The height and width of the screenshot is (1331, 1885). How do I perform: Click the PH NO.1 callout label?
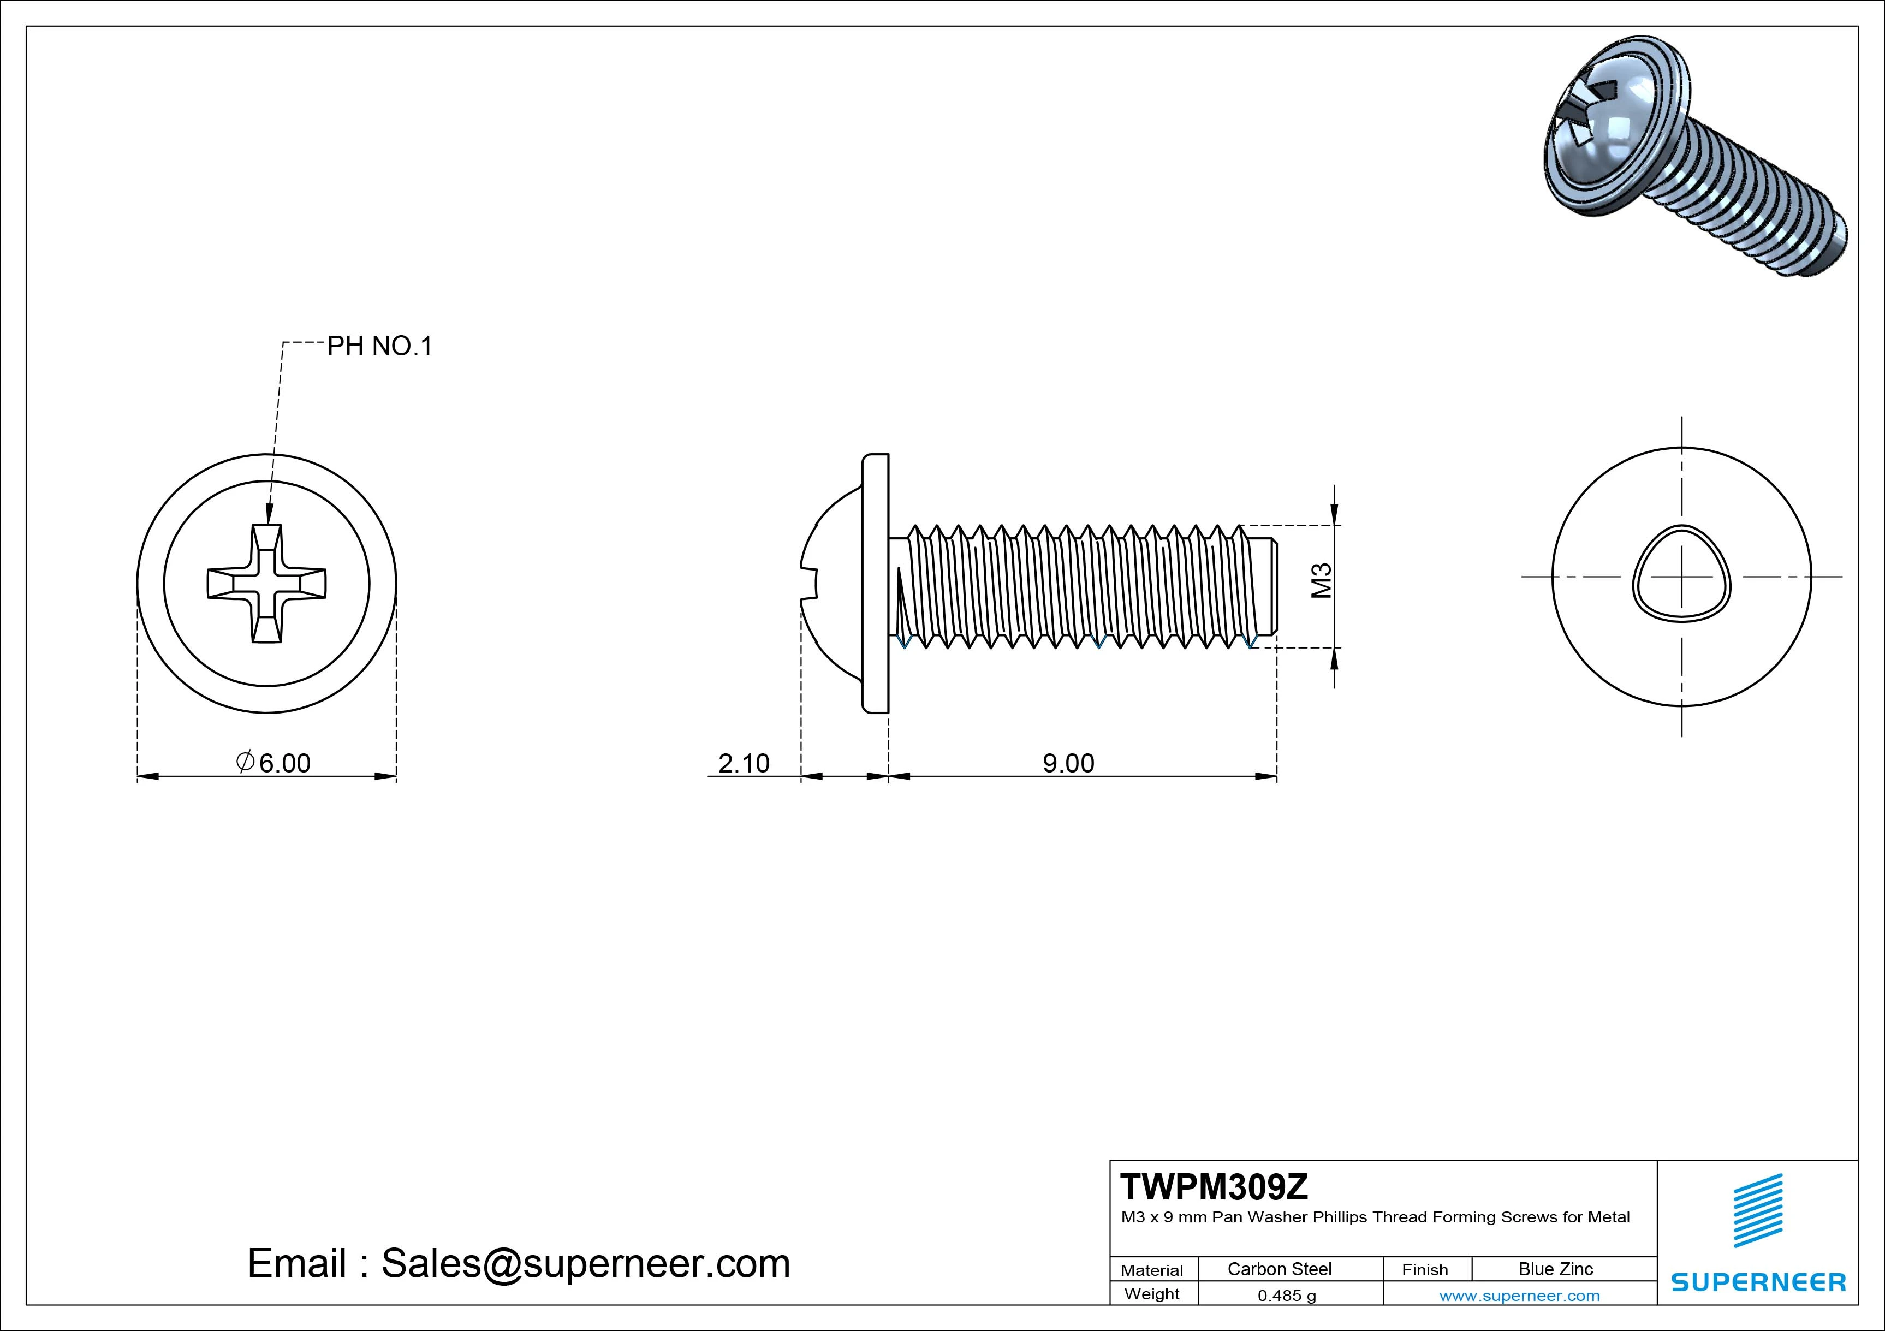[x=379, y=347]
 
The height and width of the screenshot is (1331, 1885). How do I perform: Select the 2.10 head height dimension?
[x=744, y=764]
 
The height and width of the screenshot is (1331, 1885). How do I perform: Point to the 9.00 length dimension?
[x=1068, y=764]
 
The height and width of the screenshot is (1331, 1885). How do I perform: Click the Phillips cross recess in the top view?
[x=267, y=583]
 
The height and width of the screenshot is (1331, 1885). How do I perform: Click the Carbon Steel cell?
[x=1279, y=1269]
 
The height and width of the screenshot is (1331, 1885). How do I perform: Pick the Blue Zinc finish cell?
[x=1556, y=1269]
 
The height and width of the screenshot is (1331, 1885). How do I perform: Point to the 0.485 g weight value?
[x=1287, y=1296]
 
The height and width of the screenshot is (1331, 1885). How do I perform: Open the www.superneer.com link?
[x=1520, y=1296]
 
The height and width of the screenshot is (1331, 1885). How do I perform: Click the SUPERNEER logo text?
[x=1758, y=1282]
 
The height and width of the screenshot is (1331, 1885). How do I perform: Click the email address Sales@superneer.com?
[x=585, y=1263]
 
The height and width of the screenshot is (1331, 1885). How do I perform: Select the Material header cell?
[x=1152, y=1270]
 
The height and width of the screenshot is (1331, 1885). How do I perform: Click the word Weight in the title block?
[x=1152, y=1294]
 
